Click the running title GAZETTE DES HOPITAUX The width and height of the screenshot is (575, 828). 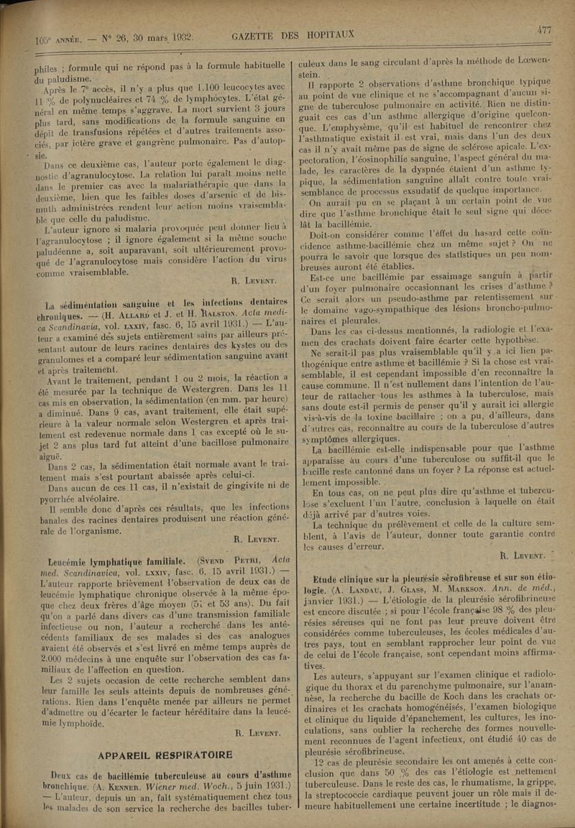point(293,34)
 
